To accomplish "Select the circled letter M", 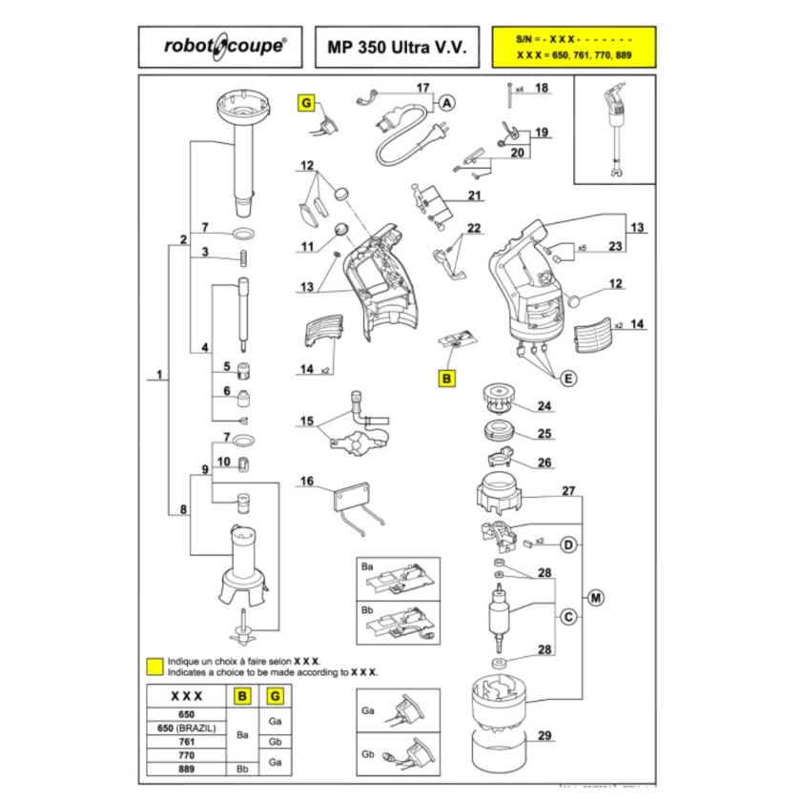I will pyautogui.click(x=596, y=599).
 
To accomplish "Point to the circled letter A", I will pyautogui.click(x=446, y=103).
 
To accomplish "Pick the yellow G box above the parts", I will pyautogui.click(x=307, y=103).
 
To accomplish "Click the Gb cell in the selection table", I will pyautogui.click(x=275, y=741).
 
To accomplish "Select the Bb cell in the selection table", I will pyautogui.click(x=242, y=768).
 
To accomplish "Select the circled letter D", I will pyautogui.click(x=568, y=544).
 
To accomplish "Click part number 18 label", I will pyautogui.click(x=542, y=89).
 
